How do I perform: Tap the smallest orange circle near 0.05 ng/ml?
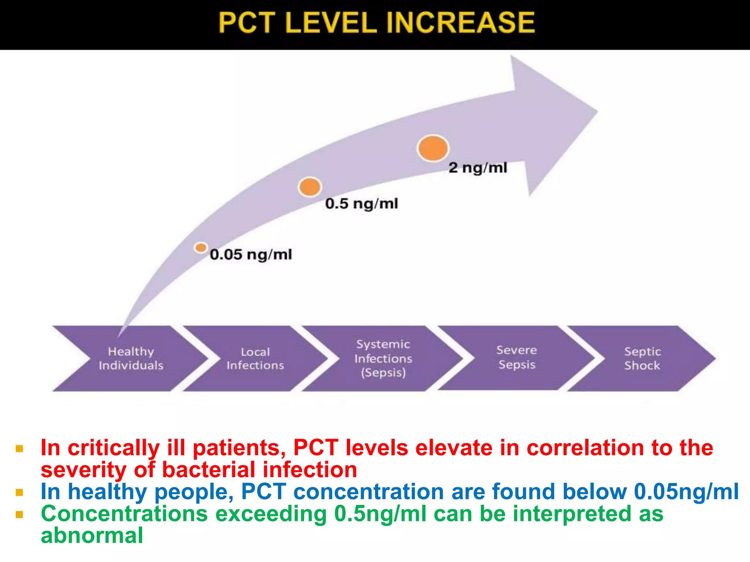[201, 248]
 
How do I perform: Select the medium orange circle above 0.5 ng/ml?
[310, 187]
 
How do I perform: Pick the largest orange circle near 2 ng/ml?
[433, 148]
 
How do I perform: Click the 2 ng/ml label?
[478, 168]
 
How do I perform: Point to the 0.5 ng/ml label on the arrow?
[361, 204]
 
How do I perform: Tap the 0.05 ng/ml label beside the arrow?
[251, 255]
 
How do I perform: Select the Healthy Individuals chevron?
[131, 359]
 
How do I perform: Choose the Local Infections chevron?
[255, 359]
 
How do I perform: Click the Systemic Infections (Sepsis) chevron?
[383, 359]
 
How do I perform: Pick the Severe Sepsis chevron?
[516, 357]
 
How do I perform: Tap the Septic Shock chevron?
[642, 359]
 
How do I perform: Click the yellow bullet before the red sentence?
[19, 449]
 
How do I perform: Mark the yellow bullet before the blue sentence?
[19, 492]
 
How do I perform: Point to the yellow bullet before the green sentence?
[19, 515]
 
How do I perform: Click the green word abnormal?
[92, 536]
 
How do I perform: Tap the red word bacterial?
[208, 470]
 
